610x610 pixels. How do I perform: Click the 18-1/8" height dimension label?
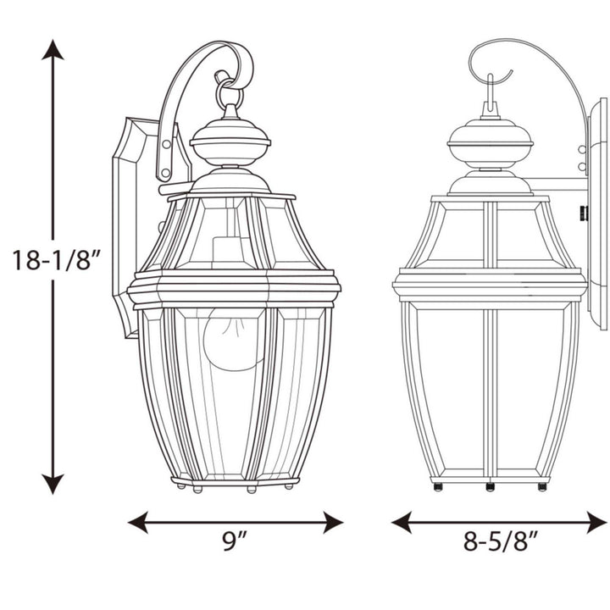(x=57, y=259)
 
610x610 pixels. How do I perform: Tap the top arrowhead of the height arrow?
(x=53, y=49)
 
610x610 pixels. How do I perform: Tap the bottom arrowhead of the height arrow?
(x=53, y=485)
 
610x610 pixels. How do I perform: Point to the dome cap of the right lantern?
(x=491, y=140)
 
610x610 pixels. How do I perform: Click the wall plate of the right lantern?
(x=598, y=212)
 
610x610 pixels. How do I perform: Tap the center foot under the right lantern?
(x=490, y=487)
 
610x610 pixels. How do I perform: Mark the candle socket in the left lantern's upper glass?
(x=224, y=251)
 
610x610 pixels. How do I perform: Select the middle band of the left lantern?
(x=234, y=290)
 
